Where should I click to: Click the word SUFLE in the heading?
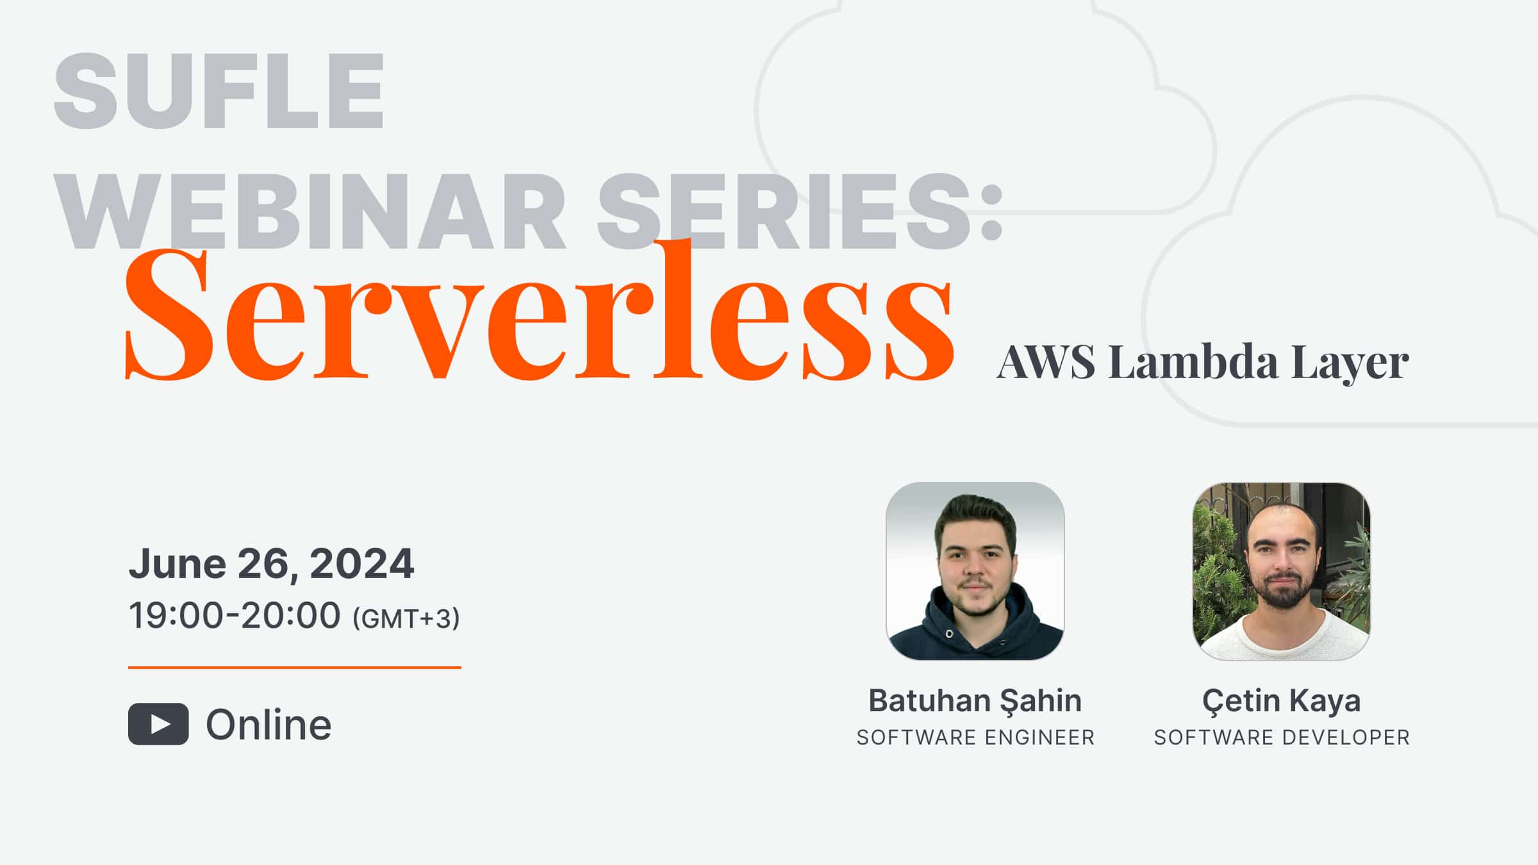tap(219, 91)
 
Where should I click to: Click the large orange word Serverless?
tap(538, 314)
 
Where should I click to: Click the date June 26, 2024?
tap(271, 564)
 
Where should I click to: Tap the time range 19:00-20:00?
tap(235, 616)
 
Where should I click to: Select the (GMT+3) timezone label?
tap(406, 618)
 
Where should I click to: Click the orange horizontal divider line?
tap(294, 668)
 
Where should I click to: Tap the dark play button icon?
tap(158, 724)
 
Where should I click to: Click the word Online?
tap(269, 725)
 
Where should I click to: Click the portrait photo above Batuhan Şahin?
tap(975, 570)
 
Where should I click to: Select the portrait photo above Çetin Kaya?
tap(1281, 570)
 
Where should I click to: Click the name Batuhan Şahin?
tap(975, 700)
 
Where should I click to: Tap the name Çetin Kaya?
tap(1281, 700)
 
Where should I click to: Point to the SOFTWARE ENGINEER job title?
tap(975, 737)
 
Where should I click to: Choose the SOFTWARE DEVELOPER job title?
tap(1282, 737)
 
